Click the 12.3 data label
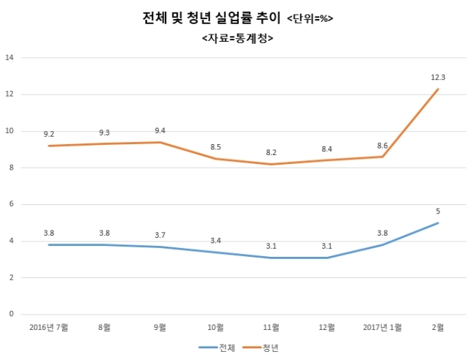[438, 78]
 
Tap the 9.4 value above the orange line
[160, 131]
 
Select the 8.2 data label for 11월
[271, 152]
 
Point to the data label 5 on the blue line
[438, 211]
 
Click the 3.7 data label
[160, 235]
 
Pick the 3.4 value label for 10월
[215, 241]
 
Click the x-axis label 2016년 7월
[48, 327]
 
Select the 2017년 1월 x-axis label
[382, 327]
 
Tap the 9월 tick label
[160, 327]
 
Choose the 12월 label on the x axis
[327, 327]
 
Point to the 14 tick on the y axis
[10, 58]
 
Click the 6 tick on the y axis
[12, 204]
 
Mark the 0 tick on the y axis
[12, 314]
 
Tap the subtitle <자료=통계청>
[237, 39]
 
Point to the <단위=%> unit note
[310, 19]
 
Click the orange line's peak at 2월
[438, 89]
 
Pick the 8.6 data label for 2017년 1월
[382, 146]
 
